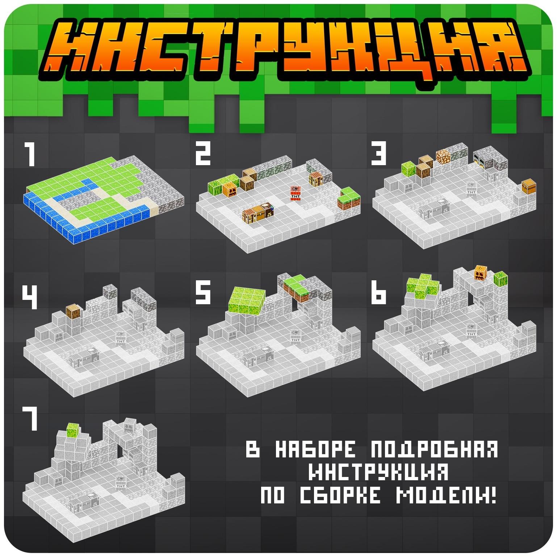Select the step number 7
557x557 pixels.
30,418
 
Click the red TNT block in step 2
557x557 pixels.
295,193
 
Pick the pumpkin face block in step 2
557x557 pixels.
230,189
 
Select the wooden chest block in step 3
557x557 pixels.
528,187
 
